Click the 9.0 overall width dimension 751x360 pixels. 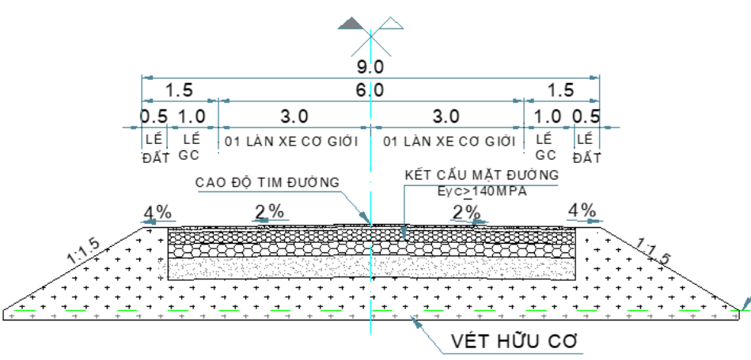[x=370, y=67]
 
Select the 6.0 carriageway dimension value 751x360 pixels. [x=370, y=90]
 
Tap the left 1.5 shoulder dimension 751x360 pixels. [x=179, y=90]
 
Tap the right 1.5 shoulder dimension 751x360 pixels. [x=560, y=90]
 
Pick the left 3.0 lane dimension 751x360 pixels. [x=294, y=116]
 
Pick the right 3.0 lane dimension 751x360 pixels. [x=446, y=116]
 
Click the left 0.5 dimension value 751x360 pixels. [x=154, y=116]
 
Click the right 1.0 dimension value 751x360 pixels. [x=548, y=116]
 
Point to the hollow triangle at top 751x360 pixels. [x=391, y=24]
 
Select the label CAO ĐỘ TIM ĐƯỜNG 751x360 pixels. [x=267, y=183]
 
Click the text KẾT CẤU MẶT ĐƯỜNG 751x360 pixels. [x=481, y=175]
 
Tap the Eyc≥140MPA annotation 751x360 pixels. [x=482, y=191]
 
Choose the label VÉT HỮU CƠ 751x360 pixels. [x=514, y=342]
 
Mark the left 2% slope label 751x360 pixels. [x=269, y=211]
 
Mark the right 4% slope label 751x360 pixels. [x=582, y=210]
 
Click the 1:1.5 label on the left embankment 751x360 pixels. [x=85, y=252]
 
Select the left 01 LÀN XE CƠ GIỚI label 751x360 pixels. [x=292, y=142]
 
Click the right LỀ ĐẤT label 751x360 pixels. [x=586, y=149]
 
